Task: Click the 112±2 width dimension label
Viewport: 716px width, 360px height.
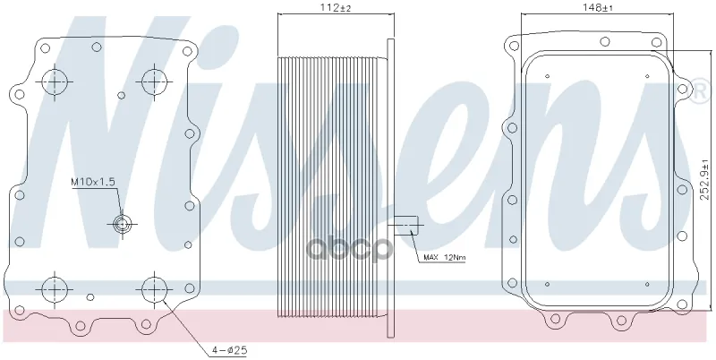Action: tap(336, 7)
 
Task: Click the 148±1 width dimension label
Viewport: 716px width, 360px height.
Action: tap(597, 7)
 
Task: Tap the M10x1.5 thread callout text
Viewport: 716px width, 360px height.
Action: tap(93, 182)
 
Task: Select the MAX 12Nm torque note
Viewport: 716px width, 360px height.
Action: tap(444, 258)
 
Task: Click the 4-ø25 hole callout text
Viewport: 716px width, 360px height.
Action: tap(229, 350)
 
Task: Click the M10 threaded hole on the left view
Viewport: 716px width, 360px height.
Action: tap(122, 224)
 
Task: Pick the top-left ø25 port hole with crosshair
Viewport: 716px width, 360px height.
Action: tap(55, 82)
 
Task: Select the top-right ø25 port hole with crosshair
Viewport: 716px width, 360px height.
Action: tap(154, 82)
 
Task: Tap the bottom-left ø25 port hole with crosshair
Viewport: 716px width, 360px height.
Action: tap(55, 288)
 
